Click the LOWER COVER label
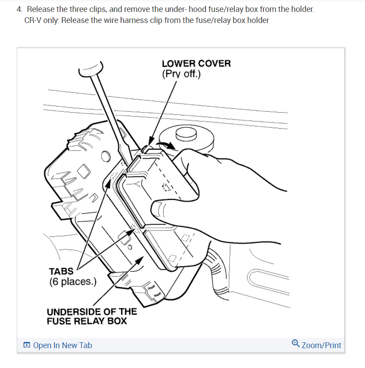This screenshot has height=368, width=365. tap(196, 63)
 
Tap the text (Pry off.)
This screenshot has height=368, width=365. tap(181, 74)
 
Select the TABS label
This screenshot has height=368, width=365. tap(61, 271)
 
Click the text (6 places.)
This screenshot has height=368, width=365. tap(72, 281)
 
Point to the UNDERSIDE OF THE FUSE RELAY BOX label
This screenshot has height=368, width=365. tap(91, 316)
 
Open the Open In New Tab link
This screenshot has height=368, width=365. tap(62, 345)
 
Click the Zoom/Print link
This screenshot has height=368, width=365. tap(321, 345)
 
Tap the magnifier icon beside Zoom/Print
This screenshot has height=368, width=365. tap(296, 343)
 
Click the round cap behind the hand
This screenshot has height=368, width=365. tap(186, 135)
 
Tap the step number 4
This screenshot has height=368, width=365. tap(19, 9)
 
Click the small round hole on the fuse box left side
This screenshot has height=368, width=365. tap(105, 156)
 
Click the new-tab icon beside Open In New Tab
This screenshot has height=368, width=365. tap(27, 345)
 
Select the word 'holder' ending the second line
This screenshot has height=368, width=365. tap(257, 20)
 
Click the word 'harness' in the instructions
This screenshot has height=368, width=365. tap(133, 20)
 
